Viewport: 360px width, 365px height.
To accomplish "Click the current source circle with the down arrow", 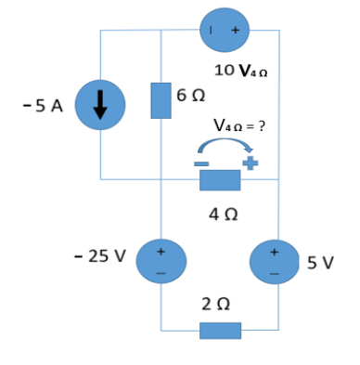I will coord(99,106).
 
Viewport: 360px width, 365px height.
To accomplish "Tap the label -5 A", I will coord(42,106).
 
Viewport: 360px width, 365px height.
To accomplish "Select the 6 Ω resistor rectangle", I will coord(161,100).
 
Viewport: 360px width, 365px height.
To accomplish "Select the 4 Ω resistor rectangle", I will coord(220,179).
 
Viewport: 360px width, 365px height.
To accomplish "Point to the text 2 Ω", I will coord(220,305).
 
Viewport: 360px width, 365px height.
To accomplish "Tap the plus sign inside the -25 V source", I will coord(161,251).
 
